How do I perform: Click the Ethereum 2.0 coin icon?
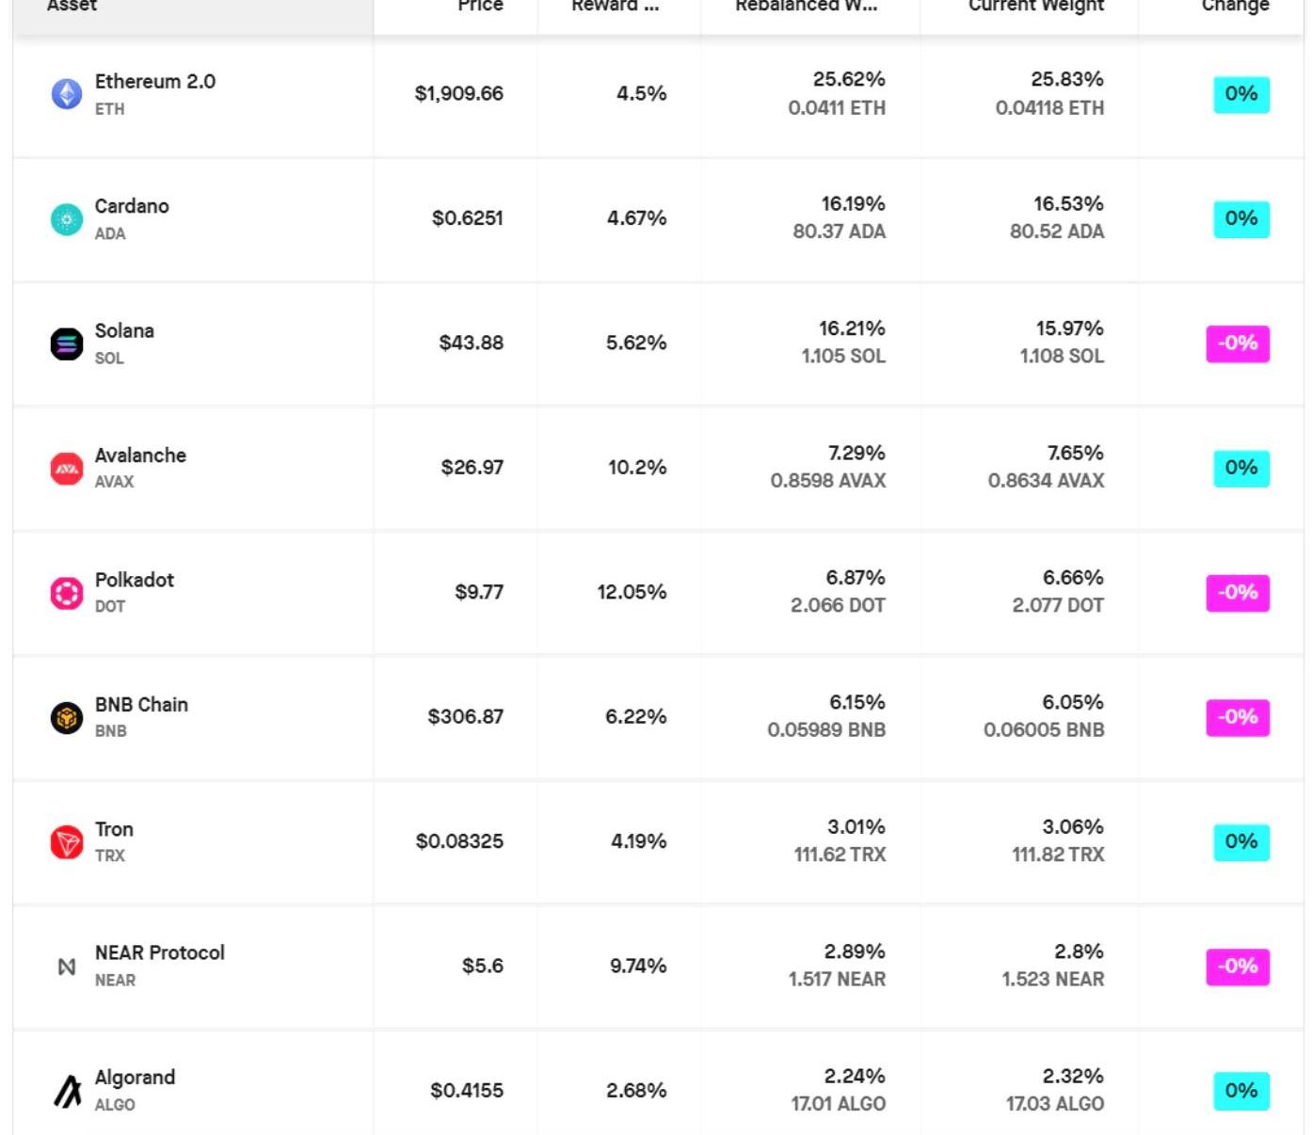pyautogui.click(x=66, y=94)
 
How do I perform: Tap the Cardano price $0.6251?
pyautogui.click(x=467, y=218)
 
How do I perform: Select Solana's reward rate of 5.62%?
pyautogui.click(x=635, y=343)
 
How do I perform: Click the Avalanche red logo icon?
pyautogui.click(x=66, y=468)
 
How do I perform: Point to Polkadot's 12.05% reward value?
pyautogui.click(x=631, y=592)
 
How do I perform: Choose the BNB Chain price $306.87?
pyautogui.click(x=465, y=716)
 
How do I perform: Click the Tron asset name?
pyautogui.click(x=114, y=829)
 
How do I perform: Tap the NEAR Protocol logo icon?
pyautogui.click(x=66, y=967)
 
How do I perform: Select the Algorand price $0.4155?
pyautogui.click(x=466, y=1090)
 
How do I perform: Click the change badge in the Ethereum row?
pyautogui.click(x=1240, y=94)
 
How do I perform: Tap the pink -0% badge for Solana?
pyautogui.click(x=1237, y=344)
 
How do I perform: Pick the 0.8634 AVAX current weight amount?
pyautogui.click(x=1046, y=481)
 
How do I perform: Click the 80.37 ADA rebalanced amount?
pyautogui.click(x=839, y=232)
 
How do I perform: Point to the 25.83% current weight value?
pyautogui.click(x=1066, y=79)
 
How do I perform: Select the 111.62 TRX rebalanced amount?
pyautogui.click(x=840, y=855)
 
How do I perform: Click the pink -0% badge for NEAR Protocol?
pyautogui.click(x=1237, y=967)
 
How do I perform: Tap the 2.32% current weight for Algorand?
pyautogui.click(x=1072, y=1076)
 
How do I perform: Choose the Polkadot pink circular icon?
pyautogui.click(x=66, y=593)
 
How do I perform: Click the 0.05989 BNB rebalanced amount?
pyautogui.click(x=826, y=730)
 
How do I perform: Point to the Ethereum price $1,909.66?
pyautogui.click(x=458, y=94)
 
